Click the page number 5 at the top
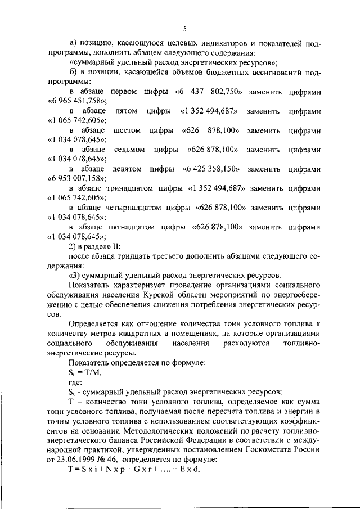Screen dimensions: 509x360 [x=184, y=29]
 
